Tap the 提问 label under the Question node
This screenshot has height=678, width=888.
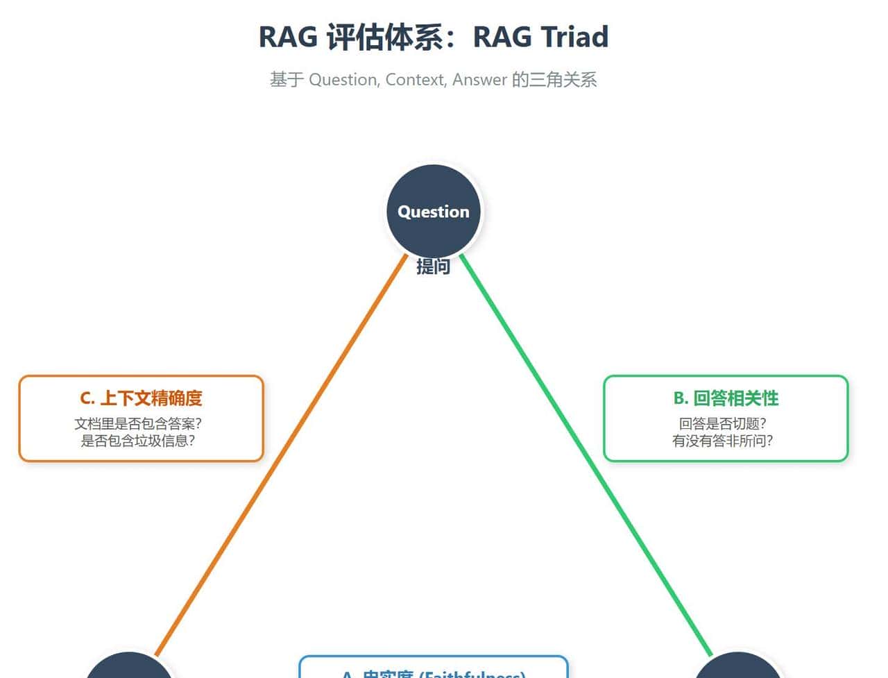coord(434,267)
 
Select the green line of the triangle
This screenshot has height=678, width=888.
coord(590,458)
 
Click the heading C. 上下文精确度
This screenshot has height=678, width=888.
coord(142,398)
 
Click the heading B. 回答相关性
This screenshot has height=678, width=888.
coord(726,398)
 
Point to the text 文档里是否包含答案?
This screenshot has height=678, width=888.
coord(138,423)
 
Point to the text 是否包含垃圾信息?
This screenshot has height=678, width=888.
coord(138,441)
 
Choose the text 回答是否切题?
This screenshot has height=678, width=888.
coord(723,423)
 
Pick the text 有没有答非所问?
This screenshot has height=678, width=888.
coord(723,441)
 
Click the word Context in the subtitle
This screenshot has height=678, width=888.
coord(415,80)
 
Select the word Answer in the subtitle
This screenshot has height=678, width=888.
coord(479,80)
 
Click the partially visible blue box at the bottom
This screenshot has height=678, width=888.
coord(434,668)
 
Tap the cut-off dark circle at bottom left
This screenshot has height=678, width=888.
coord(129,668)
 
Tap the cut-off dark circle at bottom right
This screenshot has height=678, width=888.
coord(738,668)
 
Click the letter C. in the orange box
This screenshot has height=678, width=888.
coord(87,398)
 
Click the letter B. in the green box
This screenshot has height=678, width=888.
coord(681,398)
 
